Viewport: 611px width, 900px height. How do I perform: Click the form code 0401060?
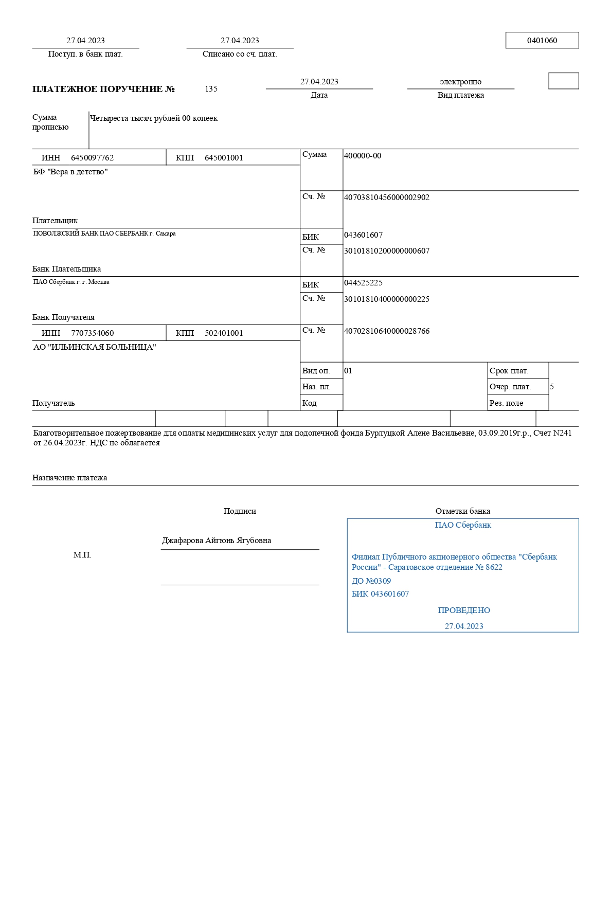pyautogui.click(x=542, y=41)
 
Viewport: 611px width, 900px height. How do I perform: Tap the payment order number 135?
pyautogui.click(x=211, y=89)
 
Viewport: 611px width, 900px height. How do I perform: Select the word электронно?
pyautogui.click(x=460, y=82)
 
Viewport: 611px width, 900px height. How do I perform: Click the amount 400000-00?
pyautogui.click(x=363, y=156)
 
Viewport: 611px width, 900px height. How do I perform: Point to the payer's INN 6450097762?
pyautogui.click(x=92, y=158)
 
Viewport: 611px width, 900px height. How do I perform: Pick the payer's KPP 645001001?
pyautogui.click(x=224, y=158)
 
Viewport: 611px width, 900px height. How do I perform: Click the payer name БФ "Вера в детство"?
pyautogui.click(x=70, y=172)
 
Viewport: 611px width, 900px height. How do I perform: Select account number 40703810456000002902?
pyautogui.click(x=386, y=197)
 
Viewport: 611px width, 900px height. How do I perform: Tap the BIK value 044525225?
pyautogui.click(x=363, y=283)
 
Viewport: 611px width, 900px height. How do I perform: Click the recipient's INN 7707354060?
pyautogui.click(x=92, y=333)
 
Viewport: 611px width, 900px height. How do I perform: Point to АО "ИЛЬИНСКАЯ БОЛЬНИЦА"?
pyautogui.click(x=95, y=347)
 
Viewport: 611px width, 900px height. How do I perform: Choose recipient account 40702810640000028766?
pyautogui.click(x=386, y=331)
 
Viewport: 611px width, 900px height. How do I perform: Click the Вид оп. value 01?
pyautogui.click(x=348, y=371)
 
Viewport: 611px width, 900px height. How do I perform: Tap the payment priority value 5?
pyautogui.click(x=552, y=387)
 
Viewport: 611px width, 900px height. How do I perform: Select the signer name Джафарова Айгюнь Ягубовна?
pyautogui.click(x=217, y=541)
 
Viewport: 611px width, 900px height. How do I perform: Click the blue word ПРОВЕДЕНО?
pyautogui.click(x=464, y=610)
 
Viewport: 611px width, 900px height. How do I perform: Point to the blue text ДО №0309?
pyautogui.click(x=371, y=581)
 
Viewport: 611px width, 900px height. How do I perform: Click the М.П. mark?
pyautogui.click(x=82, y=555)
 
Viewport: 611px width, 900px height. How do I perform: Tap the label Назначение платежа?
pyautogui.click(x=69, y=478)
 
